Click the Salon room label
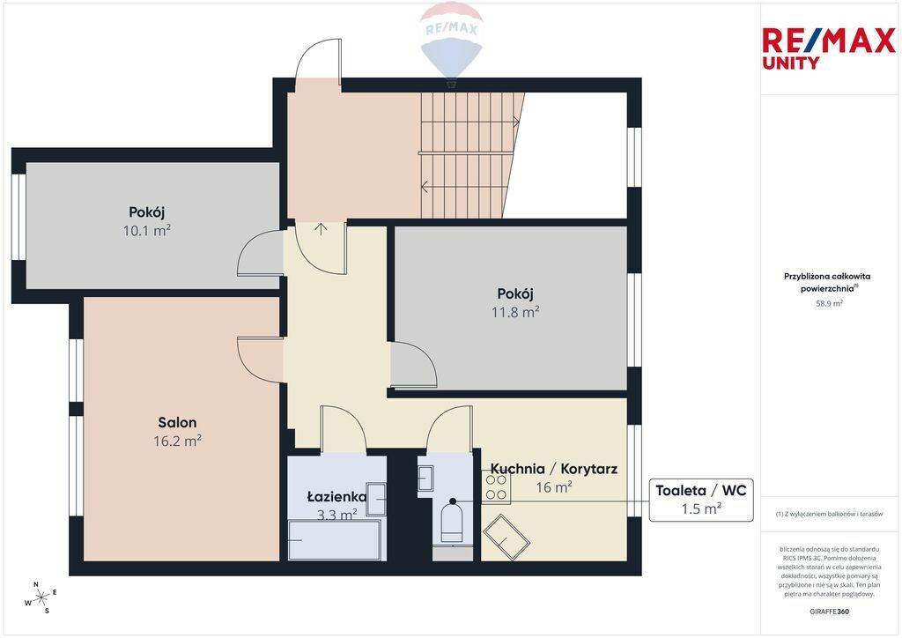(x=177, y=422)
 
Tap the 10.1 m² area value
(x=147, y=231)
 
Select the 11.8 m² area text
(x=514, y=312)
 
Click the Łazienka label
(x=336, y=496)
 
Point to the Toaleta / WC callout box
(x=700, y=500)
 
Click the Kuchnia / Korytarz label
(x=553, y=468)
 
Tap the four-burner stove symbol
(x=496, y=486)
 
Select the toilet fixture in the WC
(x=451, y=523)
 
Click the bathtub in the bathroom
(x=334, y=539)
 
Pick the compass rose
(x=41, y=598)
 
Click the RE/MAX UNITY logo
(x=829, y=48)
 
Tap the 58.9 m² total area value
(x=829, y=303)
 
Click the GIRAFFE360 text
(x=829, y=612)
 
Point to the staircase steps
(x=469, y=155)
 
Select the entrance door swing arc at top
(x=317, y=61)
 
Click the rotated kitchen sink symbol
(x=506, y=538)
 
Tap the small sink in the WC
(x=425, y=478)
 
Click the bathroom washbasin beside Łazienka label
(x=376, y=500)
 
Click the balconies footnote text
(x=829, y=514)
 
